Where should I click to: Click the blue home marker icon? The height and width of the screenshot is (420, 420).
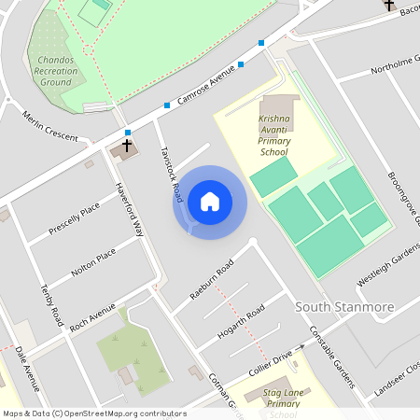(x=210, y=202)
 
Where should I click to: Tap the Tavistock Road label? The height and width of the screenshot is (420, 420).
(x=169, y=175)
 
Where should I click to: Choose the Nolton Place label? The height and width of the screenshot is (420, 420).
(x=93, y=262)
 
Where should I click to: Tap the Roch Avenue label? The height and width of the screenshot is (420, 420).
(x=92, y=317)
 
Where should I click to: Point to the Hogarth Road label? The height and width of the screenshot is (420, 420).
(x=241, y=320)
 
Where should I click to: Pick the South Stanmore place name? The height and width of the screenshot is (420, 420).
(x=344, y=307)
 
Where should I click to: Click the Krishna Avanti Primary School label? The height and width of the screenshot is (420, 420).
(x=274, y=136)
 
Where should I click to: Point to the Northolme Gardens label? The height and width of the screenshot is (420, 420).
(x=393, y=63)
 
